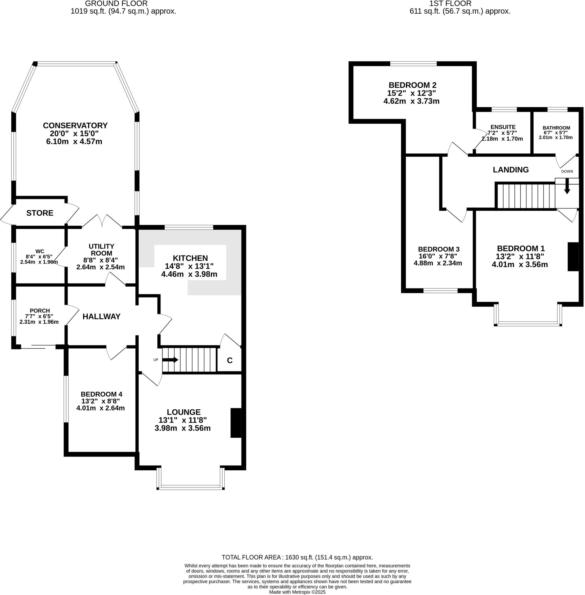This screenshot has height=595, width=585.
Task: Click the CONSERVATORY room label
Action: [x=75, y=125]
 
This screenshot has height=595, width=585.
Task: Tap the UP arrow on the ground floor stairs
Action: [x=170, y=360]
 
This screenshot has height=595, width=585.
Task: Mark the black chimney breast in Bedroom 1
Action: [x=573, y=257]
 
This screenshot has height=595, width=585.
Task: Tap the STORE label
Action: [x=40, y=213]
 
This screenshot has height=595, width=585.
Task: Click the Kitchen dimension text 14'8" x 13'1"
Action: [x=189, y=266]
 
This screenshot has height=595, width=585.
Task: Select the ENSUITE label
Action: [x=503, y=127]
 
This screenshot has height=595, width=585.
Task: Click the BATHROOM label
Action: [x=556, y=128]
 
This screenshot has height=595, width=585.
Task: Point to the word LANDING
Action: [x=511, y=170]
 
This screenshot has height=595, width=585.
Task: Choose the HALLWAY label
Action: [x=101, y=316]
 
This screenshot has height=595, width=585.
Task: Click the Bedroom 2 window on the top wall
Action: [x=413, y=64]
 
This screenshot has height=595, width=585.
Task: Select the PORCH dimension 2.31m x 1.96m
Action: [x=39, y=322]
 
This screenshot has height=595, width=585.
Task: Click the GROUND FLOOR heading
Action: [x=116, y=4]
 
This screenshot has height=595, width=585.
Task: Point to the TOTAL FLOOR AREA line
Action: [x=297, y=557]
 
